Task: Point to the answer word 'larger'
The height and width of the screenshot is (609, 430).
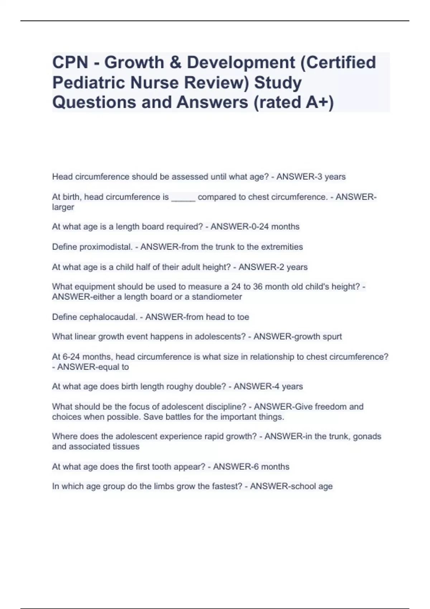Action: [x=63, y=207]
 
